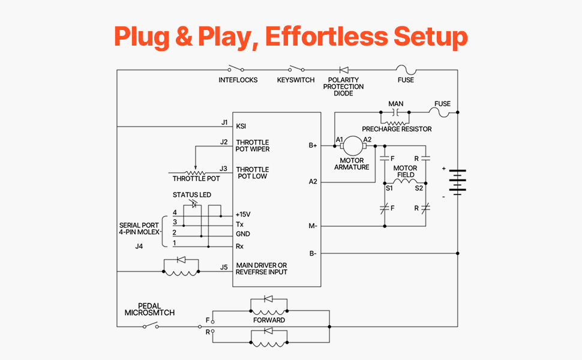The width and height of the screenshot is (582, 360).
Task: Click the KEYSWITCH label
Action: coord(296,80)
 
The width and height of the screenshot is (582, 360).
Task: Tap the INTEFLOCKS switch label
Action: coord(238,80)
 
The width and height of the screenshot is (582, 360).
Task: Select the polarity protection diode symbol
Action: coord(344,70)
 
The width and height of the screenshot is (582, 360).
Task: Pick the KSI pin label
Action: coord(241,126)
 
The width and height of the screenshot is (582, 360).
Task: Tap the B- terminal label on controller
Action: coord(313,253)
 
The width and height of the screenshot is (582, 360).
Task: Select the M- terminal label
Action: coord(313,226)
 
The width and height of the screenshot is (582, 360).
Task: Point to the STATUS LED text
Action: coord(192,195)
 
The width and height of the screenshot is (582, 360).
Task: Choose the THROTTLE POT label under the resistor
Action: coord(196,179)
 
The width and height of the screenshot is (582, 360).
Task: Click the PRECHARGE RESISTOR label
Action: coord(397,129)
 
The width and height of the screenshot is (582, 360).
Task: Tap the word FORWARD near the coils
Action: coord(269,320)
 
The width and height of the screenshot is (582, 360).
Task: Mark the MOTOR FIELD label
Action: coord(406,172)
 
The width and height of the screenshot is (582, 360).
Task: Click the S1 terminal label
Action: coord(389,188)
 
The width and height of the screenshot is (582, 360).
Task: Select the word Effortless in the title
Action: coord(326,37)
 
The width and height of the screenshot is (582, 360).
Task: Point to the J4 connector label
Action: coord(140,245)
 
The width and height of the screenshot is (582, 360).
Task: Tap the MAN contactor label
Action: coord(395,104)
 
